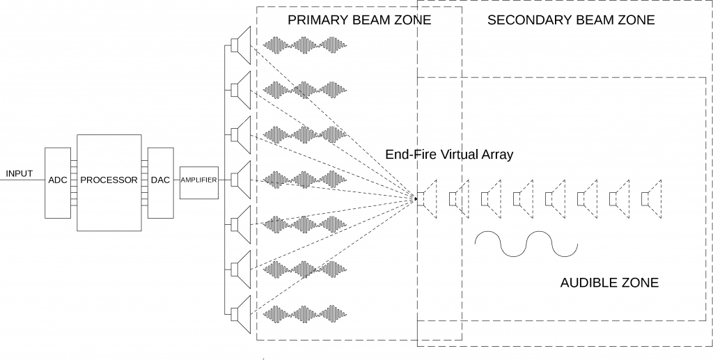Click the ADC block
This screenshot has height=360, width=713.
57,180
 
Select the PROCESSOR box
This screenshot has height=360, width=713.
109,180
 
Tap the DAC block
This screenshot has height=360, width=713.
159,180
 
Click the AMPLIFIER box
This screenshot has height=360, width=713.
199,180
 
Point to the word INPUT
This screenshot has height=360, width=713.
19,173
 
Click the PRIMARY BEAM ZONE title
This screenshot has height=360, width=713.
359,20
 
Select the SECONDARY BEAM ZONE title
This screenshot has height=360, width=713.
571,20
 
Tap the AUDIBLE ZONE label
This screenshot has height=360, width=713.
609,283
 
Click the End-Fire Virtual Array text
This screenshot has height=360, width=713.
449,155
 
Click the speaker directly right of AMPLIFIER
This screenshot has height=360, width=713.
241,180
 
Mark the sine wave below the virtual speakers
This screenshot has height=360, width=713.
526,243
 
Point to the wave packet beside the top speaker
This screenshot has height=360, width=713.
304,46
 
